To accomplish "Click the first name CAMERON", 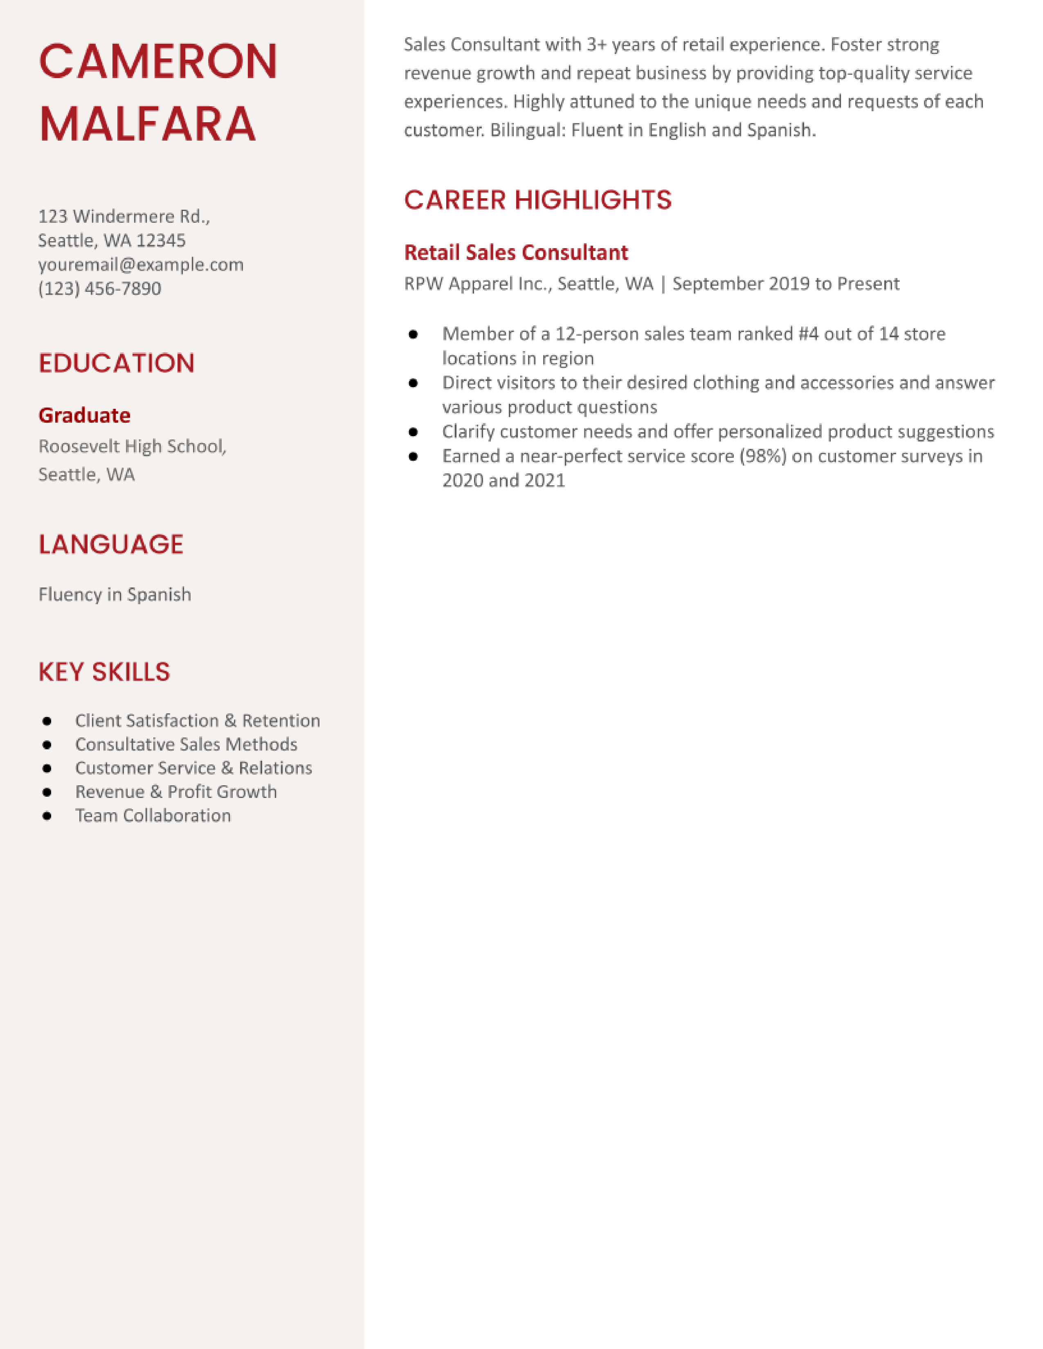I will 158,62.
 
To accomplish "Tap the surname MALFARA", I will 147,125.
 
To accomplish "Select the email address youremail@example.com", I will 141,264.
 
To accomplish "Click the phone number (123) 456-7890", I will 99,289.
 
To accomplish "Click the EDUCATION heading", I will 116,363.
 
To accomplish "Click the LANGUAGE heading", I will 110,544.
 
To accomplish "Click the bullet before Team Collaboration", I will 47,816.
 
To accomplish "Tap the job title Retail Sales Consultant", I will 515,253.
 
